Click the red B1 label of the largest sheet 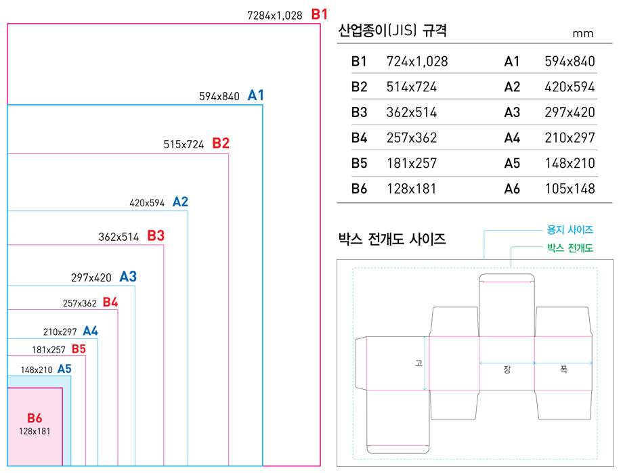click(319, 14)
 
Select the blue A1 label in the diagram click(255, 95)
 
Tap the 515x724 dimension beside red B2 click(184, 144)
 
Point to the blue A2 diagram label click(180, 202)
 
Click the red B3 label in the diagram click(156, 236)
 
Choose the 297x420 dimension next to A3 click(91, 277)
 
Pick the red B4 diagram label click(110, 302)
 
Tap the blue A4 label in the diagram click(90, 331)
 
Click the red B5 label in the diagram click(79, 349)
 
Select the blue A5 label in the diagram click(64, 369)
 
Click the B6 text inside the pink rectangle click(35, 418)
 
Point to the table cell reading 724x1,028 click(417, 62)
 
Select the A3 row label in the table click(512, 112)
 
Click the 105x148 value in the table click(570, 189)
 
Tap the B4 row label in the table click(359, 138)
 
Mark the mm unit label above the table click(582, 33)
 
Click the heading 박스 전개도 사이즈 click(391, 239)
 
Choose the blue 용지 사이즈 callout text click(570, 230)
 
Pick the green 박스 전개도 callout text click(570, 248)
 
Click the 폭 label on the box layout click(563, 369)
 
